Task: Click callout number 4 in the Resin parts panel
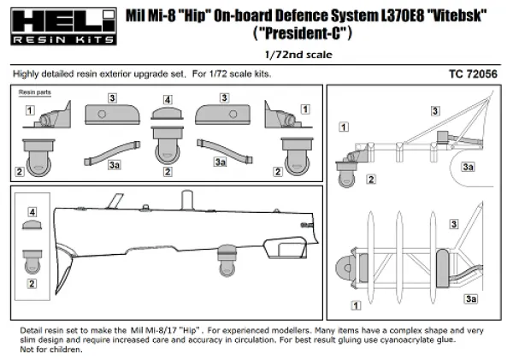(x=167, y=100)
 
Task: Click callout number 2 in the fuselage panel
(x=32, y=282)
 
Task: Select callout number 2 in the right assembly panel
(x=371, y=179)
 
